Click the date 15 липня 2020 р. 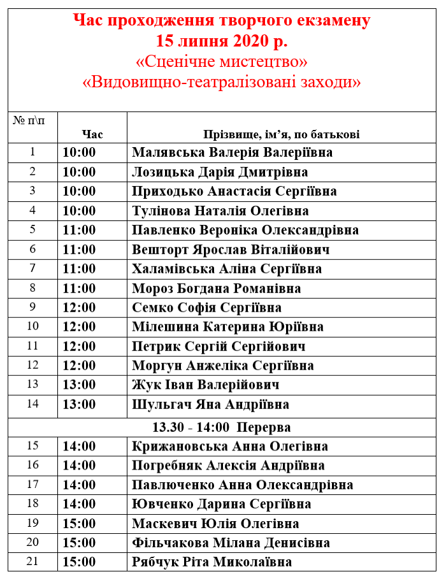(x=222, y=41)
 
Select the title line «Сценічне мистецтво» (x=222, y=62)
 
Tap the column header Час (x=92, y=134)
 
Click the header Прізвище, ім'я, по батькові (x=281, y=134)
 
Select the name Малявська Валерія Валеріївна (x=232, y=153)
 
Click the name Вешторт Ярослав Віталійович (x=231, y=250)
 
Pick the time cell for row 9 (x=79, y=308)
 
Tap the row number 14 (x=33, y=403)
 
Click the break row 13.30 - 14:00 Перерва (x=222, y=427)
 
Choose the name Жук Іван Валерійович (x=205, y=385)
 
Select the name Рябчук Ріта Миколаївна (x=212, y=562)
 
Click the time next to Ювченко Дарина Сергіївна (x=79, y=504)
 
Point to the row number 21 (x=33, y=561)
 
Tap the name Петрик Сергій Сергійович (x=219, y=347)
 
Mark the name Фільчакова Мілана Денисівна (x=231, y=543)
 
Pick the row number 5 (x=33, y=229)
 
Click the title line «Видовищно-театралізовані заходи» (x=222, y=82)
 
